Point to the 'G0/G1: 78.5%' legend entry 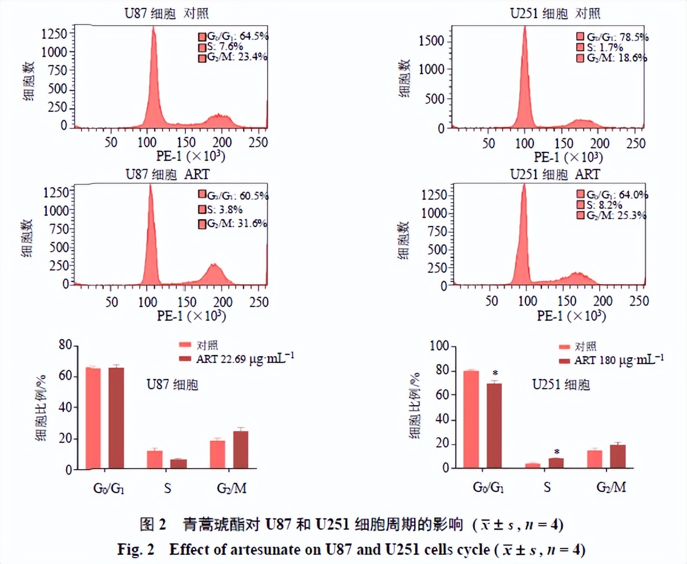(612, 37)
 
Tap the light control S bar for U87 (155, 460)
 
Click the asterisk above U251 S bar (557, 451)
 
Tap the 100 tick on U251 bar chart (442, 347)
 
